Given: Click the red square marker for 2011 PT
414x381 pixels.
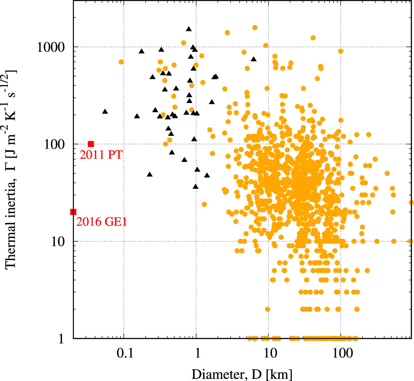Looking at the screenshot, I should tap(91, 144).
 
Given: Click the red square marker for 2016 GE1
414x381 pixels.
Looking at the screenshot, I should tap(73, 212).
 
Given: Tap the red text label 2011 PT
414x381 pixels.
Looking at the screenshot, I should tap(99, 155).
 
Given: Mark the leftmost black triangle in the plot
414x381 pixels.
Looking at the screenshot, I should tap(105, 112).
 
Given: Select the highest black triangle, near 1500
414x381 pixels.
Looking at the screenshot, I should tap(188, 29).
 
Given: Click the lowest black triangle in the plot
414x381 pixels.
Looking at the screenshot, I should tap(195, 186).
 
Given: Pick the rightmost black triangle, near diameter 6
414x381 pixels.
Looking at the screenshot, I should tap(254, 59).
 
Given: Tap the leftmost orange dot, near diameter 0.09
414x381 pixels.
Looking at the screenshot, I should tap(121, 62).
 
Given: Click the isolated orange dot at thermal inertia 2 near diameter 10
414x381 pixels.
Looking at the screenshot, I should tap(267, 309).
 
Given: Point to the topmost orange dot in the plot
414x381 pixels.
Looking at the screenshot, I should tap(255, 28).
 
